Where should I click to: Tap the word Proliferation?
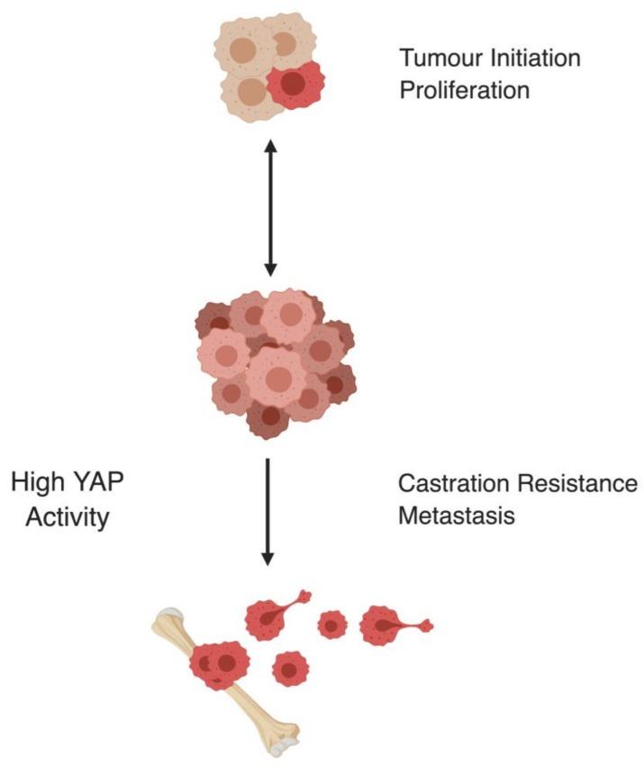(464, 91)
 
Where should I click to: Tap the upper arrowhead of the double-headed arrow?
(268, 145)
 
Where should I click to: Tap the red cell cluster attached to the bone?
(218, 665)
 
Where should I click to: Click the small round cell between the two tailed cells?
(331, 624)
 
